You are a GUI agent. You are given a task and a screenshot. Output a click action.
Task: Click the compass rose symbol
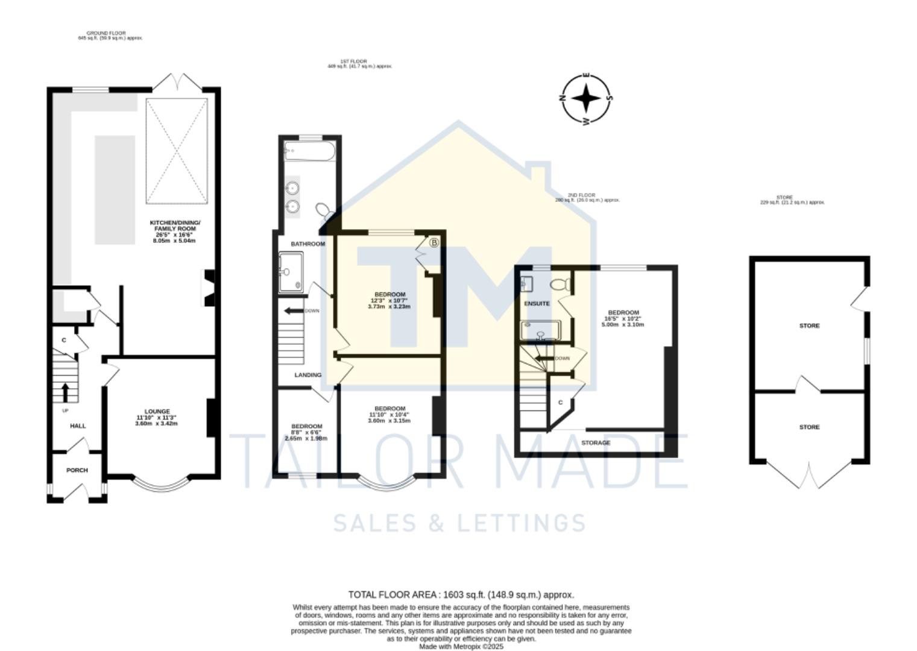pyautogui.click(x=587, y=98)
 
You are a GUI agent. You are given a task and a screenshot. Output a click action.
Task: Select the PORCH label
pyautogui.click(x=77, y=470)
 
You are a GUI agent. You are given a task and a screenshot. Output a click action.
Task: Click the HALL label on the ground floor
pyautogui.click(x=78, y=426)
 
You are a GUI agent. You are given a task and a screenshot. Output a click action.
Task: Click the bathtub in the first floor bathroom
pyautogui.click(x=309, y=151)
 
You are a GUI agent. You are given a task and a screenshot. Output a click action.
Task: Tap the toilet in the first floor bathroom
pyautogui.click(x=323, y=210)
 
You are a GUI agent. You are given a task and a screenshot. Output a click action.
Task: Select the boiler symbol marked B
pyautogui.click(x=434, y=243)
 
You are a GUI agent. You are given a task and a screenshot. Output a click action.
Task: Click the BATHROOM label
pyautogui.click(x=307, y=244)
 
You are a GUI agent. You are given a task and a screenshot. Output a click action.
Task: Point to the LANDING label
pyautogui.click(x=307, y=375)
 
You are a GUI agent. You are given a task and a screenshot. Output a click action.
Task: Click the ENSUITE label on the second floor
pyautogui.click(x=537, y=304)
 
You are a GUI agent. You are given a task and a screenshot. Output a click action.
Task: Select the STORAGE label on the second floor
pyautogui.click(x=596, y=443)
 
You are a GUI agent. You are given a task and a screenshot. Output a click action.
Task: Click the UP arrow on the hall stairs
pyautogui.click(x=65, y=392)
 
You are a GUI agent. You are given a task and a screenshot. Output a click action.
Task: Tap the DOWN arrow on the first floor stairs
pyautogui.click(x=294, y=311)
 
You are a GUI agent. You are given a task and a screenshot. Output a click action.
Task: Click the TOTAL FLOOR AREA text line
pyautogui.click(x=461, y=595)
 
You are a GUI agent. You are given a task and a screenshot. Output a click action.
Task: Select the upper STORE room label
pyautogui.click(x=809, y=325)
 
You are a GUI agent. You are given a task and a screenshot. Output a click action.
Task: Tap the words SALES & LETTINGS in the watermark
pyautogui.click(x=459, y=523)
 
